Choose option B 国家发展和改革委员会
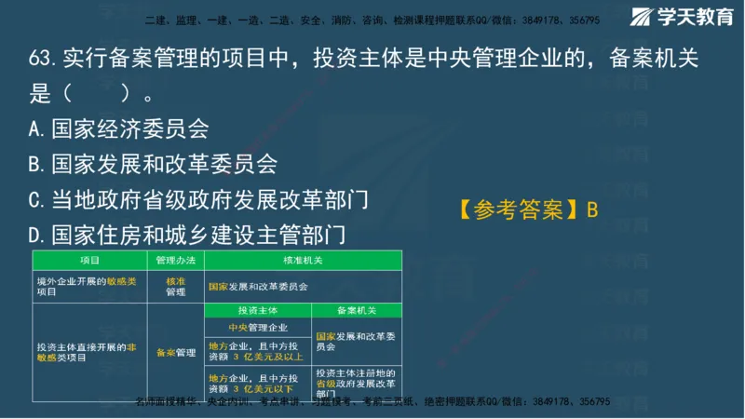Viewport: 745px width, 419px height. pos(153,164)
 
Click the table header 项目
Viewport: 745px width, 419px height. pos(89,261)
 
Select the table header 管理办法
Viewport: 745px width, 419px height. pos(174,261)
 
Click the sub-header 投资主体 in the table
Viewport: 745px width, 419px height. pos(257,310)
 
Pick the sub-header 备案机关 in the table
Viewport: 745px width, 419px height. pos(357,310)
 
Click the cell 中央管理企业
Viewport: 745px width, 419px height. pos(257,328)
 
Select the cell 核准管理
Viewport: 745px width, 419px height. pos(175,286)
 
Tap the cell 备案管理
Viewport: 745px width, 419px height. pos(175,353)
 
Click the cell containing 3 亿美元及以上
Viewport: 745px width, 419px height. pos(257,351)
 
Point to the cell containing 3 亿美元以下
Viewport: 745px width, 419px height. pos(257,383)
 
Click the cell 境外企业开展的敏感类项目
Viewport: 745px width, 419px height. pos(89,286)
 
